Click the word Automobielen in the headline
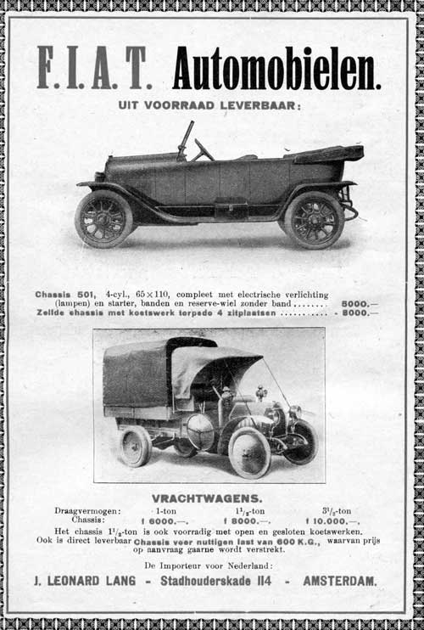click(276, 69)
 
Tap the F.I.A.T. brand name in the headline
click(94, 68)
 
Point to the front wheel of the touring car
click(103, 218)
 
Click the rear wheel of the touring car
click(313, 219)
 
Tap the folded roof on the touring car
click(329, 154)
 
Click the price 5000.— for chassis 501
click(360, 303)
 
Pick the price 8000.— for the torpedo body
click(360, 312)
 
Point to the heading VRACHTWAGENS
click(207, 498)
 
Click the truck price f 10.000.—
click(332, 520)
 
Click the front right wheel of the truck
click(249, 452)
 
